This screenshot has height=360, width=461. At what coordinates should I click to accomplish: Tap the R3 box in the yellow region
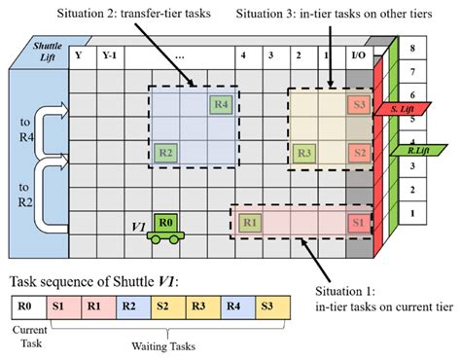coord(303,153)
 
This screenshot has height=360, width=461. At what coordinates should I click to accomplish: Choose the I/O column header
coord(359,54)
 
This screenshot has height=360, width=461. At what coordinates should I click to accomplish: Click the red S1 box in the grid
coord(358,222)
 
